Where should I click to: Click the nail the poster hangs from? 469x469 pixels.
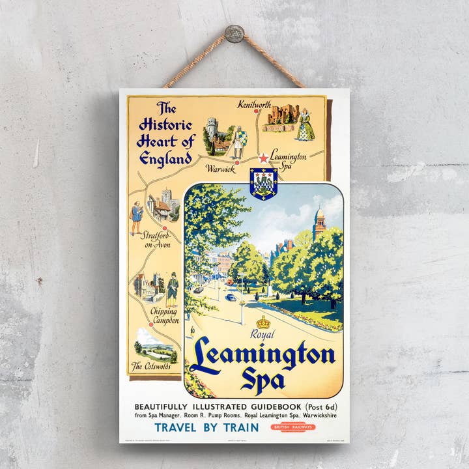coord(234,33)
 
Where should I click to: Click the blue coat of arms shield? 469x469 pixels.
coord(264,184)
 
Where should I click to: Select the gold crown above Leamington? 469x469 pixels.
coord(264,322)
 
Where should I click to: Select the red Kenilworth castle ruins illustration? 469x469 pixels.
coord(281,118)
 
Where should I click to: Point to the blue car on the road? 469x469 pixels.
coord(231,297)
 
